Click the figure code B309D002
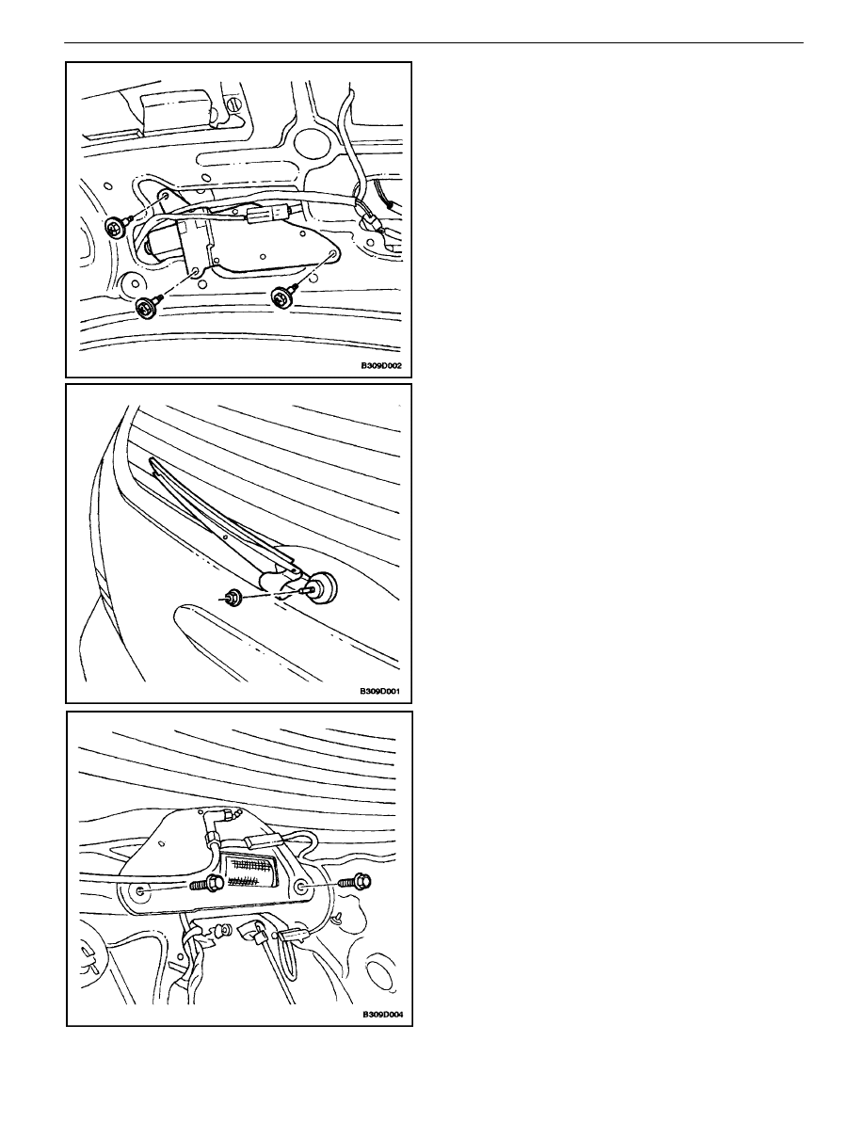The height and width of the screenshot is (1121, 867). (x=381, y=365)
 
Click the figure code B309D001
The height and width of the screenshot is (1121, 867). (x=381, y=692)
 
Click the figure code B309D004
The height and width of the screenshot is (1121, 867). (x=381, y=1015)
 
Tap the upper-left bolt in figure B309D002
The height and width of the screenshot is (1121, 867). (x=115, y=228)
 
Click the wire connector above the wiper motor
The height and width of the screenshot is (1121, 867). (x=270, y=214)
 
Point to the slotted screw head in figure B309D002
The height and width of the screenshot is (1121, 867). (x=233, y=104)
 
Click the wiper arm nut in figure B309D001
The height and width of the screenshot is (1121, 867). (x=232, y=596)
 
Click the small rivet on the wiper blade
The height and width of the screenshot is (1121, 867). (x=224, y=533)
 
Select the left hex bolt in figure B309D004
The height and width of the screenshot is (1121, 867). (x=204, y=884)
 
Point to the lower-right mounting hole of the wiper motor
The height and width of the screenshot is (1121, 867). (x=332, y=254)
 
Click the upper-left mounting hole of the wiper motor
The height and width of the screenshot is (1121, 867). (x=164, y=195)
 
